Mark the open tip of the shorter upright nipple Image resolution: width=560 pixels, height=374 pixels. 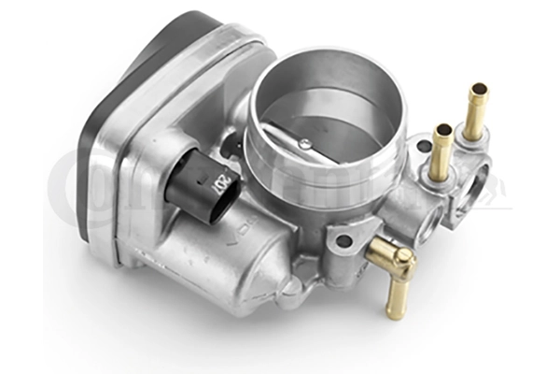click(x=443, y=129)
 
